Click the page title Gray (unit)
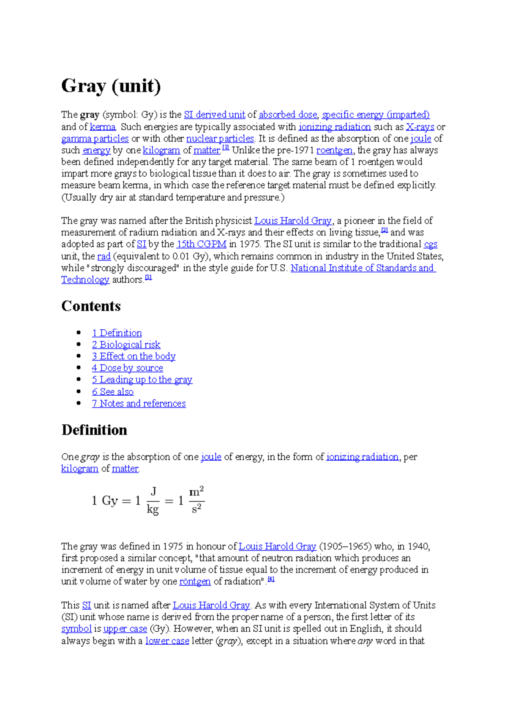tap(111, 86)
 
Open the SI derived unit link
tap(215, 115)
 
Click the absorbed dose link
tap(288, 115)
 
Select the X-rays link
tap(420, 127)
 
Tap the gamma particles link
tap(95, 139)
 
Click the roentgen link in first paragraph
tap(334, 150)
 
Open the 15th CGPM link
tap(202, 244)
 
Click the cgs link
tap(431, 244)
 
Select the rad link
tap(104, 256)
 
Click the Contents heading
tap(91, 306)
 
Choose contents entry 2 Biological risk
tap(126, 345)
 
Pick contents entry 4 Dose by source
tap(127, 368)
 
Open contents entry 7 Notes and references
tap(139, 404)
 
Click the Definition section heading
tap(94, 430)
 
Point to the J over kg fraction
tap(153, 501)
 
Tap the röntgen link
tap(195, 581)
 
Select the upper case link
tap(125, 629)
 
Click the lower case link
tap(167, 641)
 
